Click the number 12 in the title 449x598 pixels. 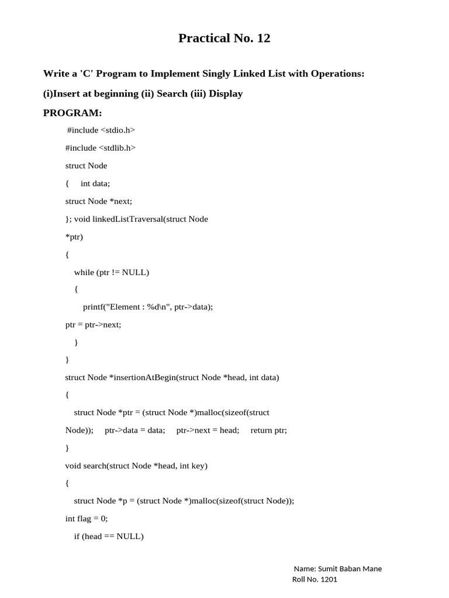pos(262,39)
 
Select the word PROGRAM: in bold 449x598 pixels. pos(72,113)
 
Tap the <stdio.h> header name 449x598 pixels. pos(118,130)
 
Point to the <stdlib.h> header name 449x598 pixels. pos(118,148)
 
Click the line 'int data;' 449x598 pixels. pos(95,183)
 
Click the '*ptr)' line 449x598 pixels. pos(74,237)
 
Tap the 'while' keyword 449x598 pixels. pos(84,272)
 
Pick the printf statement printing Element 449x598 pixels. pos(148,307)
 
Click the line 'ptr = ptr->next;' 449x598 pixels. pos(93,325)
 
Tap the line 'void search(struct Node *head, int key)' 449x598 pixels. pos(136,465)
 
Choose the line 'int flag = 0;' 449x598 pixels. pos(87,519)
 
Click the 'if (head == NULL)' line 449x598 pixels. pos(108,536)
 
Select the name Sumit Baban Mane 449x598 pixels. pos(349,569)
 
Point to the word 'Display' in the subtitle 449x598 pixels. pos(226,93)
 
